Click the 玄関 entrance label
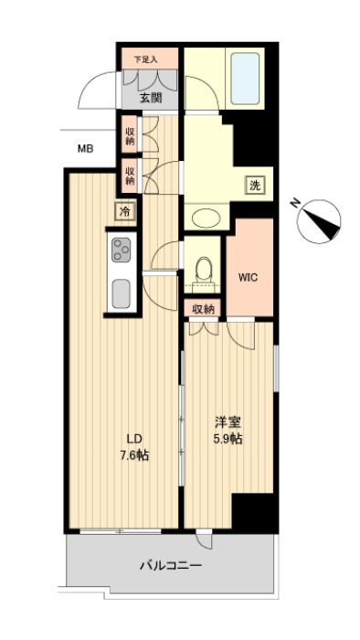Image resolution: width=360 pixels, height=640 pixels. [149, 97]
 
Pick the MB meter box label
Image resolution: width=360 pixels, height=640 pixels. [85, 148]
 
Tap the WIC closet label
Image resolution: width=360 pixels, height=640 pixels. [249, 278]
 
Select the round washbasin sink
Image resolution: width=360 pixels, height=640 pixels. [205, 218]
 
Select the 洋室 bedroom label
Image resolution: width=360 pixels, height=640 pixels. [228, 423]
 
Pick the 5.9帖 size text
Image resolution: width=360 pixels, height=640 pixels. [228, 440]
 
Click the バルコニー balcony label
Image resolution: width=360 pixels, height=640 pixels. [170, 566]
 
